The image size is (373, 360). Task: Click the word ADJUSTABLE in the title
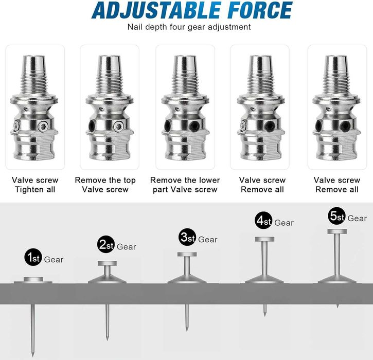[x=156, y=10]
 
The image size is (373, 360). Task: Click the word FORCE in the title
[x=260, y=10]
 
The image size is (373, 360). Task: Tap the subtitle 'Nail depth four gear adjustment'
[x=189, y=27]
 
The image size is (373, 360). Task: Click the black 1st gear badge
[x=33, y=257]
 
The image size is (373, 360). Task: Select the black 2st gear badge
[x=106, y=244]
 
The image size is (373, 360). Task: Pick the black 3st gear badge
[x=187, y=237]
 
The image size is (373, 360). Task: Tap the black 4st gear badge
[x=264, y=221]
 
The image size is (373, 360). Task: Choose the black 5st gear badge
[x=337, y=216]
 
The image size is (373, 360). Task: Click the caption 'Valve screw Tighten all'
[x=35, y=185]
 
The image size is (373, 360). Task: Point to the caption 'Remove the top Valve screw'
[x=105, y=185]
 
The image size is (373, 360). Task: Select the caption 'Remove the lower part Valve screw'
[x=185, y=185]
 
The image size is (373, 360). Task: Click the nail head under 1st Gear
[x=33, y=279]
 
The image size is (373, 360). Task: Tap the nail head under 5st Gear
[x=337, y=231]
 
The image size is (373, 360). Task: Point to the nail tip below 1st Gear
[x=32, y=356]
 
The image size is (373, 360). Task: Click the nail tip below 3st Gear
[x=187, y=330]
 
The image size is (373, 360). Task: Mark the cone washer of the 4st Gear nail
[x=264, y=279]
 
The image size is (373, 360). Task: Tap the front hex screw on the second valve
[x=118, y=127]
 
